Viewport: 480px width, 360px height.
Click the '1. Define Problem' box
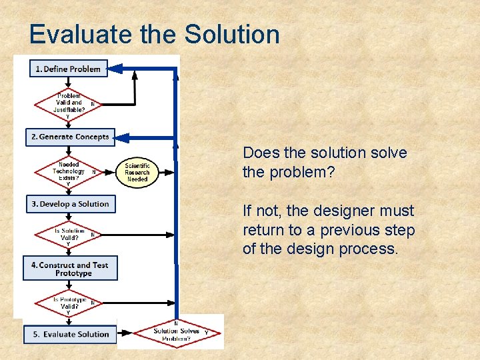pyautogui.click(x=68, y=69)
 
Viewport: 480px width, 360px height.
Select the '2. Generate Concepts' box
pyautogui.click(x=70, y=137)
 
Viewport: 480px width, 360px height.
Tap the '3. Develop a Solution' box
pyautogui.click(x=70, y=204)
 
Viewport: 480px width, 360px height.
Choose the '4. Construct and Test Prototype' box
pyautogui.click(x=70, y=269)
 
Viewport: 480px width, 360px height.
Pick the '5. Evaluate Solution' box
pyautogui.click(x=70, y=334)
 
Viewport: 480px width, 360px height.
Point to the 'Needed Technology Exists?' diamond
pyautogui.click(x=69, y=171)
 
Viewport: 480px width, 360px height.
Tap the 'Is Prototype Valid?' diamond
pyautogui.click(x=69, y=303)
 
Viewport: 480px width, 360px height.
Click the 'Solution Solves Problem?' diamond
pyautogui.click(x=176, y=332)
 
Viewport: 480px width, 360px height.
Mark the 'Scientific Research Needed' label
pyautogui.click(x=137, y=173)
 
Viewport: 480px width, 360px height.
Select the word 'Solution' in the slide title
pyautogui.click(x=232, y=35)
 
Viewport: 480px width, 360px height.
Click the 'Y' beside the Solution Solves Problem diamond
pyautogui.click(x=206, y=332)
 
